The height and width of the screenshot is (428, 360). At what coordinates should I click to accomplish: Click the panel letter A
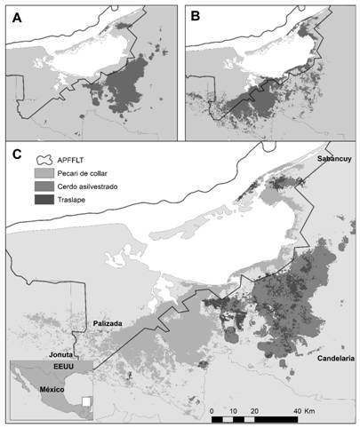[x=16, y=17]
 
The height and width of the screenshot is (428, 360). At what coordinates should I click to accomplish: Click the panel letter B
[x=196, y=17]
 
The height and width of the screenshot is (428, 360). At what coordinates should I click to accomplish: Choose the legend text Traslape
[x=76, y=202]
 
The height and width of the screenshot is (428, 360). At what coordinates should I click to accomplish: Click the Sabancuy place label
[x=334, y=158]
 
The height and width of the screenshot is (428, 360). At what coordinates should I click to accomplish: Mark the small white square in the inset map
[x=85, y=401]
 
